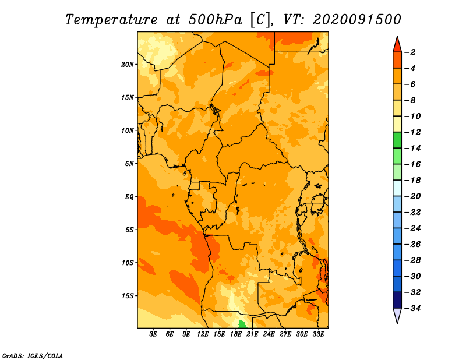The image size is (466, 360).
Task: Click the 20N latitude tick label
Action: [x=127, y=65]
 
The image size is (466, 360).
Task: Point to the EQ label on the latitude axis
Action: [x=129, y=197]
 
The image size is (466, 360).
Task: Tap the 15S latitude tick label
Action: [x=127, y=296]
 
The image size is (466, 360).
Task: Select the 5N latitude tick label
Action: [x=129, y=164]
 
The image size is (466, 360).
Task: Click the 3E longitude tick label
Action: [x=153, y=334]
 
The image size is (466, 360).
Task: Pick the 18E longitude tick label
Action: [x=236, y=334]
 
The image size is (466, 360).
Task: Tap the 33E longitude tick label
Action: [x=318, y=334]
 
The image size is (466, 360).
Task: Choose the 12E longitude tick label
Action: [x=203, y=334]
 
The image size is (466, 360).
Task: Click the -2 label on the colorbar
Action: [x=411, y=52]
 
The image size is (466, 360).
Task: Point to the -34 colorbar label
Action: [x=413, y=308]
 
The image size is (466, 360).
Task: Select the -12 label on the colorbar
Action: [x=413, y=132]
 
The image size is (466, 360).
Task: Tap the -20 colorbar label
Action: [x=413, y=196]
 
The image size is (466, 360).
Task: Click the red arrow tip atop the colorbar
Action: [x=397, y=37]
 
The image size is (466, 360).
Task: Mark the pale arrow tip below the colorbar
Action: [x=397, y=323]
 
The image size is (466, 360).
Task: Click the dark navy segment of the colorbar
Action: [x=397, y=300]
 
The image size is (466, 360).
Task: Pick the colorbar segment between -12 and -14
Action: [x=397, y=140]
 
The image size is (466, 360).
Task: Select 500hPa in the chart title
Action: [x=215, y=20]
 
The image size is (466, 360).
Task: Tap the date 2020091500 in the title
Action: [x=357, y=20]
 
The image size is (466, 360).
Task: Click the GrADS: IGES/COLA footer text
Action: [x=33, y=356]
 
